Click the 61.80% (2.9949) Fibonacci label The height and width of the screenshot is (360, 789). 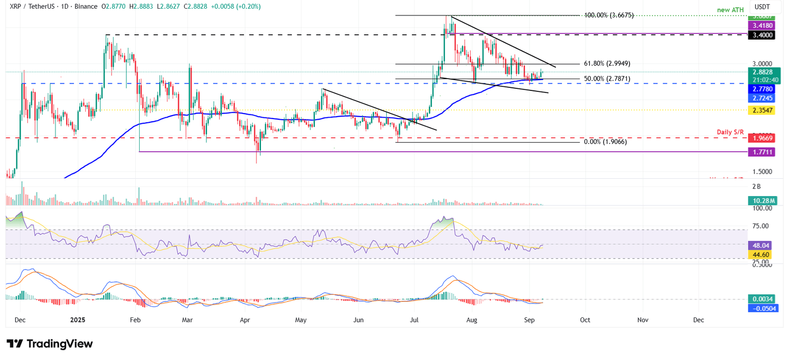(607, 64)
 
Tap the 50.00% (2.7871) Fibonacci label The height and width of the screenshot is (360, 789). (607, 79)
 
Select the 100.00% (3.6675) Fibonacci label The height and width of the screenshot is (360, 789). (609, 15)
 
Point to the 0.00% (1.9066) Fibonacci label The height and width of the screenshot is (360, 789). (605, 142)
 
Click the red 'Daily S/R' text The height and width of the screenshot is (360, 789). (730, 132)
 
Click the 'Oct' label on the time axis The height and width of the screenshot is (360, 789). (585, 320)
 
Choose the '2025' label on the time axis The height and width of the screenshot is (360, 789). (78, 320)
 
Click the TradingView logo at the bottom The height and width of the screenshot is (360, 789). (50, 344)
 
